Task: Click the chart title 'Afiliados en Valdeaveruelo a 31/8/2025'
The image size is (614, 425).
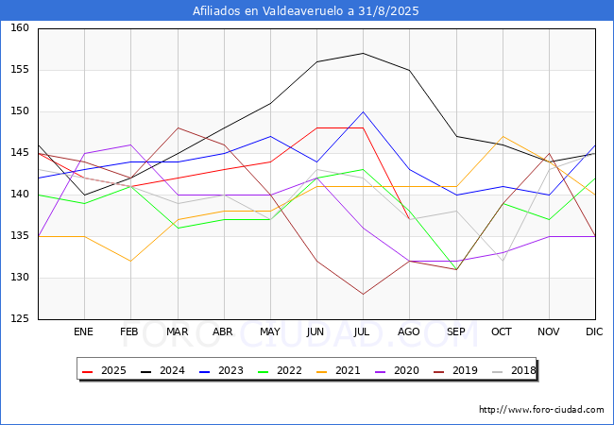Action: pos(306,11)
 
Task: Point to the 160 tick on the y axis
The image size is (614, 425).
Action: pos(19,28)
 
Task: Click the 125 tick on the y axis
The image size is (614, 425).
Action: pos(19,319)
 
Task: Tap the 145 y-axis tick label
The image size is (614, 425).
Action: pos(19,153)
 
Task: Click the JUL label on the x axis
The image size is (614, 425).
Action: pos(363,331)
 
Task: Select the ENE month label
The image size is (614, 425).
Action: pos(84,331)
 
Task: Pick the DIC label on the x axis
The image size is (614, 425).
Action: pos(595,331)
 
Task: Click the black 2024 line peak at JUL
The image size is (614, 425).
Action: pos(363,53)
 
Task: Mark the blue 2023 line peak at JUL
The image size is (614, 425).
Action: pos(363,111)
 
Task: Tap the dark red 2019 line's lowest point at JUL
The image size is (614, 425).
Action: pos(363,295)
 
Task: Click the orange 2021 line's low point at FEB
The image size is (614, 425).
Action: pos(130,262)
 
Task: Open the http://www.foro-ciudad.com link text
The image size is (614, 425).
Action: pos(541,410)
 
